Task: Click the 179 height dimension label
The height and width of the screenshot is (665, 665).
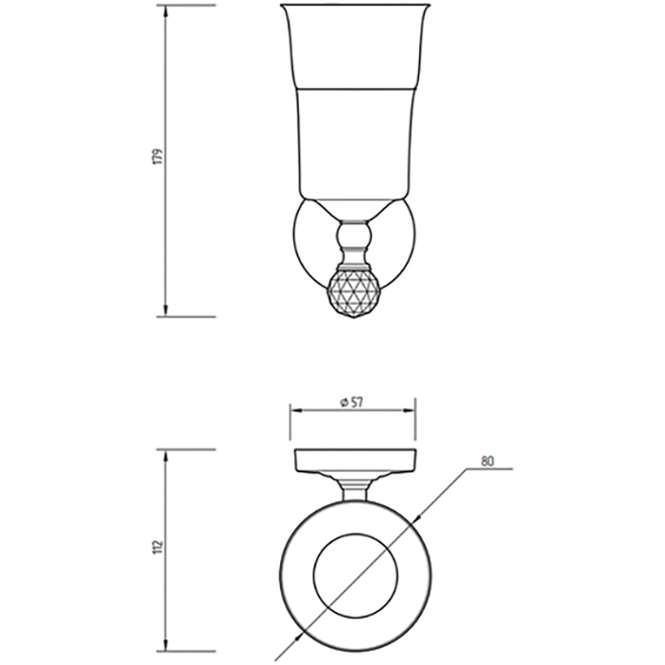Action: (157, 156)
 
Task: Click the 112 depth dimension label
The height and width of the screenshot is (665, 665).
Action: (157, 546)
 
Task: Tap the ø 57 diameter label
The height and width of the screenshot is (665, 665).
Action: (352, 401)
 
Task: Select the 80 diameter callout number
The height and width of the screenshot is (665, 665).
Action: (487, 461)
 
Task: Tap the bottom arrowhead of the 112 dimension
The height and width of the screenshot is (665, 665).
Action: (166, 656)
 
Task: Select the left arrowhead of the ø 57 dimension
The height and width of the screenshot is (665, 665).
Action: (297, 410)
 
